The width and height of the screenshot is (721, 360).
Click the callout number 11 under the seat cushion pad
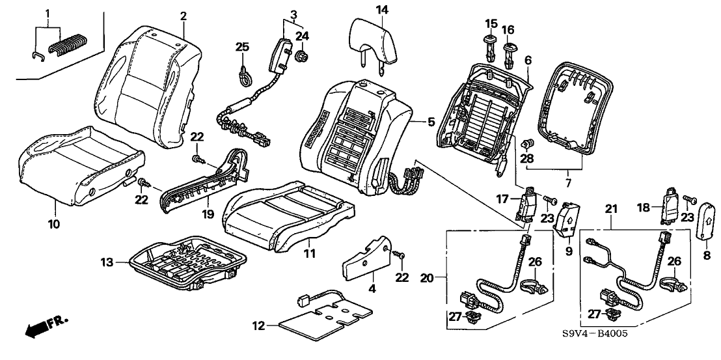point(310,254)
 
